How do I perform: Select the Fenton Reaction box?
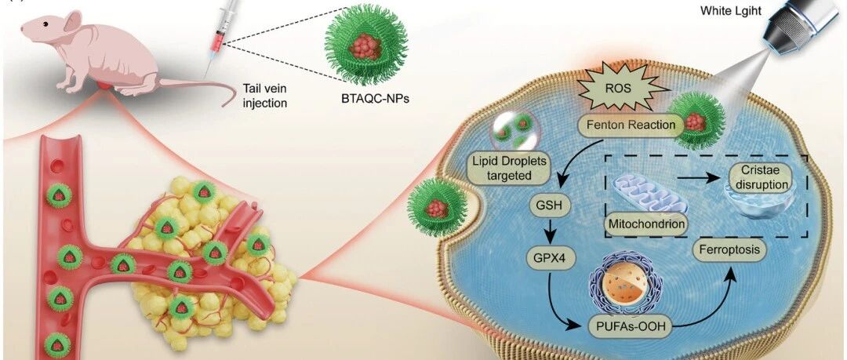(626, 125)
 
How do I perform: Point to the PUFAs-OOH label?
(628, 327)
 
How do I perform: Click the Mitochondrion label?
(639, 224)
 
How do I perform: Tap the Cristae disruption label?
(758, 178)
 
